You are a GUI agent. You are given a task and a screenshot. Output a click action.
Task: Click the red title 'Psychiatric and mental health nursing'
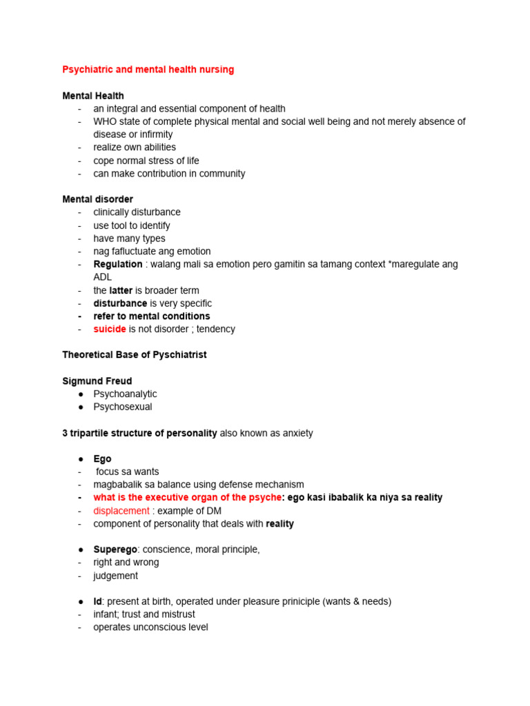[x=148, y=70]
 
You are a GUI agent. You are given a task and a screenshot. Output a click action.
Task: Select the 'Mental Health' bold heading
[x=93, y=96]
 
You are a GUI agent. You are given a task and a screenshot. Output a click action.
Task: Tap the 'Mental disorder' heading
[x=97, y=199]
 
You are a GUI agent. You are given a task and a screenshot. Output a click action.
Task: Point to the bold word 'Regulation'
[x=118, y=264]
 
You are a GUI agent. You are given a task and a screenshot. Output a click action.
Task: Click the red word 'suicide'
[x=110, y=329]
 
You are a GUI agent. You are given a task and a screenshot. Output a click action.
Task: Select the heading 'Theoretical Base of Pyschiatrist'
[x=135, y=355]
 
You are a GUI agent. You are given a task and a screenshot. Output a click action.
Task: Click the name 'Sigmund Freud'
[x=97, y=381]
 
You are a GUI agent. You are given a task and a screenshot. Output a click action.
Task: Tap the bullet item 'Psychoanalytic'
[x=125, y=394]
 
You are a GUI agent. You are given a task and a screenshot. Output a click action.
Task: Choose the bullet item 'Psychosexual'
[x=123, y=407]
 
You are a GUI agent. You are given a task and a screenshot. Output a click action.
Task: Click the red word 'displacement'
[x=121, y=511]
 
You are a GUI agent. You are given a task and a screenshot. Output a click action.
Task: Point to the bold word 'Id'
[x=98, y=601]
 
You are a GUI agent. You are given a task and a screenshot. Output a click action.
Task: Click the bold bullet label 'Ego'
[x=102, y=458]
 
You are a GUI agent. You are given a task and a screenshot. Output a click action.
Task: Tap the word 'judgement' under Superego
[x=115, y=576]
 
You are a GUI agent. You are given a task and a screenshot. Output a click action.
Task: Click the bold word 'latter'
[x=121, y=290]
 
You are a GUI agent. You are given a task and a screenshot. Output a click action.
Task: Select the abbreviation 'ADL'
[x=103, y=277]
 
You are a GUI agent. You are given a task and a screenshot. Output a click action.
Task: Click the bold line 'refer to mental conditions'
[x=152, y=316]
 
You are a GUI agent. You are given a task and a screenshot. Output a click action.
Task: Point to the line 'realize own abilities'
[x=135, y=148]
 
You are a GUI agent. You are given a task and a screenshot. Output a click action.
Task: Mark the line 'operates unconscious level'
[x=150, y=627]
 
